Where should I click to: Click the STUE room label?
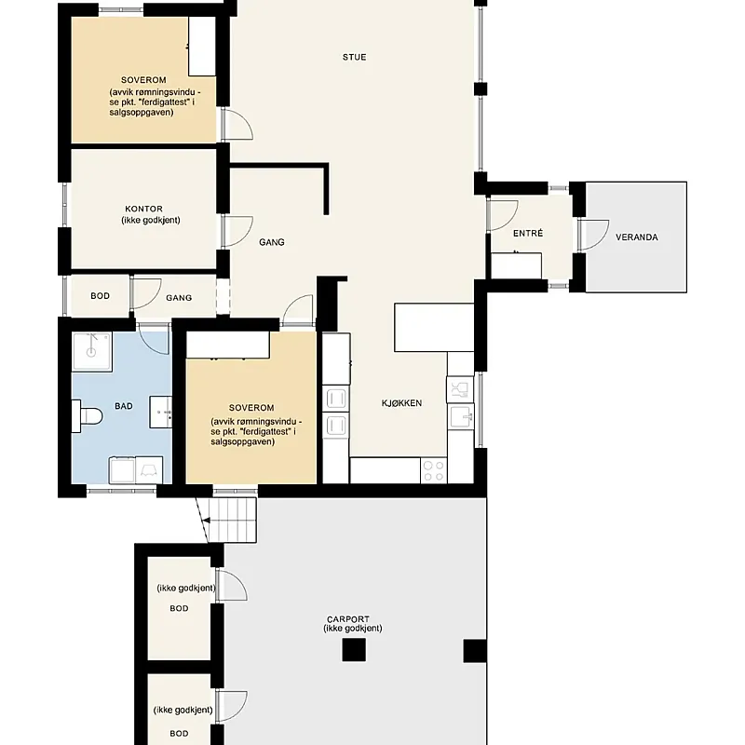coord(355,57)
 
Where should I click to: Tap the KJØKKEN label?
coord(401,403)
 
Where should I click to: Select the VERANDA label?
coord(637,237)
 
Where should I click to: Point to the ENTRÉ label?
coord(528,233)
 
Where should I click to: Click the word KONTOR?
coord(143,209)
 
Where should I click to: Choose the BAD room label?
coord(124,406)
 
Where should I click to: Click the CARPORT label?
coord(347,619)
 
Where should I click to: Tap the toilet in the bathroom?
coord(87,416)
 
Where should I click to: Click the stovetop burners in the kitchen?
coord(434,470)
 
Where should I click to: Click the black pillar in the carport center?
coord(354,650)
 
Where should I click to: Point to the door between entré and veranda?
coord(594,235)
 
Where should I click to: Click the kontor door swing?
coord(237,231)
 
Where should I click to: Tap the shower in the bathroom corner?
coord(91,352)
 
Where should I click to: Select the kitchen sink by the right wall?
coord(461,416)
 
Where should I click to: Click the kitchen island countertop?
coord(434,328)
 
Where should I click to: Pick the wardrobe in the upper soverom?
coord(202,46)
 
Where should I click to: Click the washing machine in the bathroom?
coord(122,470)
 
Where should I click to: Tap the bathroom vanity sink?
coord(160,412)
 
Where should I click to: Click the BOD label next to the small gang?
coord(100,295)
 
